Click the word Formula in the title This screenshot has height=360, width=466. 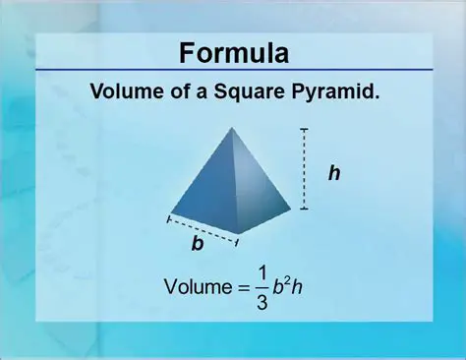(x=232, y=53)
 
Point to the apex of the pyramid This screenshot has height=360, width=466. (x=232, y=128)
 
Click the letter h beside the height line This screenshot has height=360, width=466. (x=334, y=172)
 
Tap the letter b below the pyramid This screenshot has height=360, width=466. (x=198, y=244)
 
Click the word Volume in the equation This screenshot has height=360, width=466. (x=193, y=287)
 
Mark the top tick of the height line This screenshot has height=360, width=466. (x=305, y=129)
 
